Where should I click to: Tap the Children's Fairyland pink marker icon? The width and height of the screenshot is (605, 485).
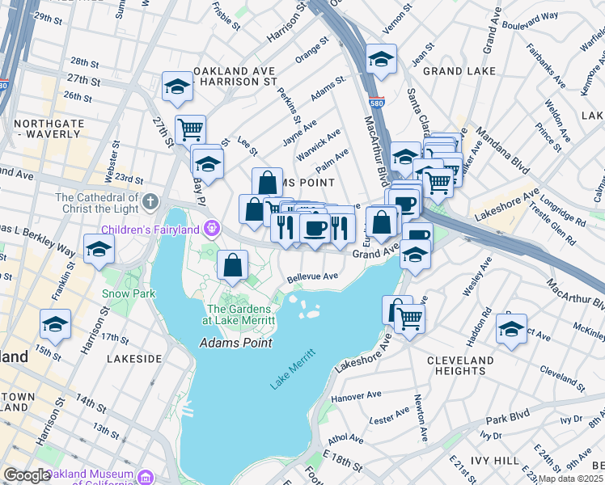click(211, 228)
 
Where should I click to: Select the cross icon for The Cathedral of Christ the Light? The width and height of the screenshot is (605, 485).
click(150, 200)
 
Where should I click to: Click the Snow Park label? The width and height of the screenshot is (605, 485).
click(129, 293)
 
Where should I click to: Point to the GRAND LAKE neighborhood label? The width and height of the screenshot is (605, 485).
click(459, 71)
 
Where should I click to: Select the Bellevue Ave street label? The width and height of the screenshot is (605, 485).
click(313, 276)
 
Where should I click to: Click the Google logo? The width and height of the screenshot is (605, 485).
click(27, 475)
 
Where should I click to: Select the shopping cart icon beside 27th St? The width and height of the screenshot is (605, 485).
click(190, 128)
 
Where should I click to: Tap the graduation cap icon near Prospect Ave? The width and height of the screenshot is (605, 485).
click(511, 328)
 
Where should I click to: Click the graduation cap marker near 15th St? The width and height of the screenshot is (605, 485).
click(56, 323)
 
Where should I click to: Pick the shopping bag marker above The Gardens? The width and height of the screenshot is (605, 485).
click(233, 264)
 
